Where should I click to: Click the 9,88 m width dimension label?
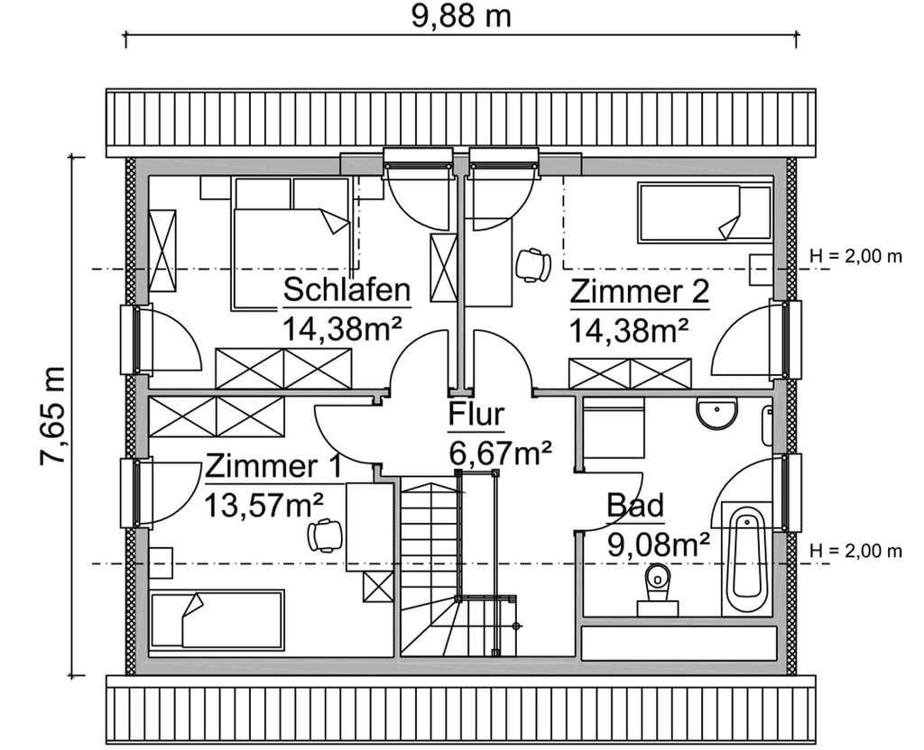[x=461, y=16]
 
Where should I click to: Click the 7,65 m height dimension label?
[x=51, y=416]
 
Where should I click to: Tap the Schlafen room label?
[x=346, y=290]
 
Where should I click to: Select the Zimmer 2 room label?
[x=640, y=292]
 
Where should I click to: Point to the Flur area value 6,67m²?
[x=500, y=453]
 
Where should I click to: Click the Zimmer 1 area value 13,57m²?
[x=263, y=505]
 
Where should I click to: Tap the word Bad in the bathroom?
[x=635, y=506]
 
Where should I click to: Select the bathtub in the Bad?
[x=747, y=559]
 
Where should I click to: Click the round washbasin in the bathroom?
[x=716, y=412]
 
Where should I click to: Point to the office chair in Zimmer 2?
[x=533, y=264]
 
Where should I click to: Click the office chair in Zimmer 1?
[x=326, y=535]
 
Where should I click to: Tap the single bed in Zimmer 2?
[x=706, y=213]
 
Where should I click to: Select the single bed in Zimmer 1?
[x=217, y=619]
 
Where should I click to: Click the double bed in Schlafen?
[x=291, y=243]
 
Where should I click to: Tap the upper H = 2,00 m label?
[x=855, y=257]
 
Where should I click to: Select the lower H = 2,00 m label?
[x=855, y=551]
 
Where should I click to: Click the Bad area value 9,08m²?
[x=658, y=545]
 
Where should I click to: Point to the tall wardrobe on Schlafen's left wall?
[x=162, y=251]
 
